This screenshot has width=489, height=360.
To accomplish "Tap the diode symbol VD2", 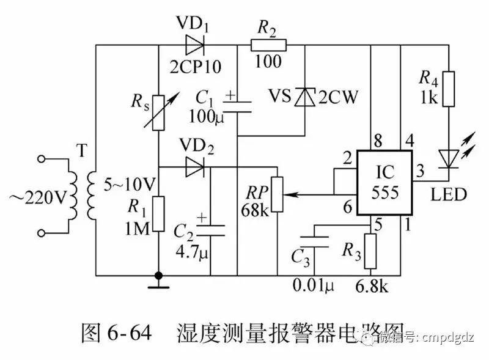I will click(x=194, y=166).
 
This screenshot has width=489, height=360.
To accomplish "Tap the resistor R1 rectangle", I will click(x=158, y=214).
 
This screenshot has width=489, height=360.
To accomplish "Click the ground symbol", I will click(x=158, y=282).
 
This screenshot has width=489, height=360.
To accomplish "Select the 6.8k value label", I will click(x=373, y=286).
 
